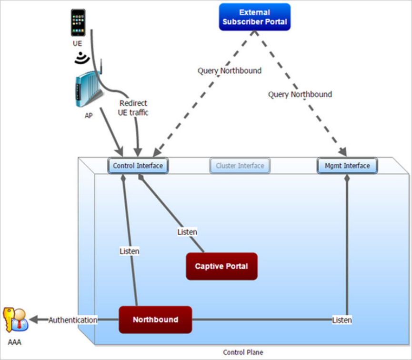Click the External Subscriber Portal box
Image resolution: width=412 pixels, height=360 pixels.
click(x=254, y=17)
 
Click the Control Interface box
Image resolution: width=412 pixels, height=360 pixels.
click(x=138, y=166)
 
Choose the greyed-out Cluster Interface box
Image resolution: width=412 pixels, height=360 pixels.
click(x=240, y=166)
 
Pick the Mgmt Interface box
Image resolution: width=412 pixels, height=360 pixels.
click(x=347, y=166)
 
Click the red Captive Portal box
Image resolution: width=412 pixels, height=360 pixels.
click(x=221, y=266)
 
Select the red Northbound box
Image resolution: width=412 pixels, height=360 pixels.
click(x=155, y=320)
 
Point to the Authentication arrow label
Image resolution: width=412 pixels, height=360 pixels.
click(x=73, y=320)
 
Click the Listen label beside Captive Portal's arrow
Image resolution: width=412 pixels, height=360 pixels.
click(x=187, y=232)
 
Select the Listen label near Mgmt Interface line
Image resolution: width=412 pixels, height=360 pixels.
click(x=342, y=320)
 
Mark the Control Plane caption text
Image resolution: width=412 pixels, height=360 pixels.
click(x=243, y=352)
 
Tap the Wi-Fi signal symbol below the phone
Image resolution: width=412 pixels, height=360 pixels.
click(x=81, y=58)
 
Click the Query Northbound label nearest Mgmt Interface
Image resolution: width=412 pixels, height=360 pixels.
click(x=300, y=94)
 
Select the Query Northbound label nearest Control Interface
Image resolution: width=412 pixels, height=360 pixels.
click(x=230, y=70)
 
